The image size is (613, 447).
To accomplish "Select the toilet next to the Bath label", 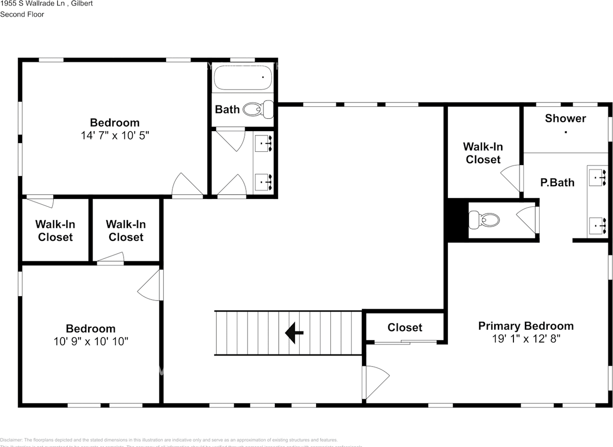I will pyautogui.click(x=258, y=110).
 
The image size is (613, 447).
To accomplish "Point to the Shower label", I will pyautogui.click(x=565, y=118).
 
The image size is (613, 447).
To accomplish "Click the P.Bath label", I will pyautogui.click(x=557, y=182).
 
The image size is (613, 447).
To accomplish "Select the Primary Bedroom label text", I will pyautogui.click(x=526, y=326).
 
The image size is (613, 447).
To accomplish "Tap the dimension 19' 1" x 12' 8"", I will pyautogui.click(x=526, y=339).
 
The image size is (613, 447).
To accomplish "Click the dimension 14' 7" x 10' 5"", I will pyautogui.click(x=115, y=135).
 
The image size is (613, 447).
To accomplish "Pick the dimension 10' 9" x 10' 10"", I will pyautogui.click(x=91, y=342).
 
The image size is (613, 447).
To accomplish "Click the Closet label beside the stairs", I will pyautogui.click(x=405, y=327).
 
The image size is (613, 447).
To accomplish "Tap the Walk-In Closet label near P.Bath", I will pyautogui.click(x=483, y=153).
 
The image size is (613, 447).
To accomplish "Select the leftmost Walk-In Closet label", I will pyautogui.click(x=55, y=231).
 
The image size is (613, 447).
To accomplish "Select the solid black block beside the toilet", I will pyautogui.click(x=457, y=220).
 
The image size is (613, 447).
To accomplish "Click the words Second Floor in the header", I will pyautogui.click(x=22, y=14).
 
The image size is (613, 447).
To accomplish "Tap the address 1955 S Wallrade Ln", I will pyautogui.click(x=34, y=3).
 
